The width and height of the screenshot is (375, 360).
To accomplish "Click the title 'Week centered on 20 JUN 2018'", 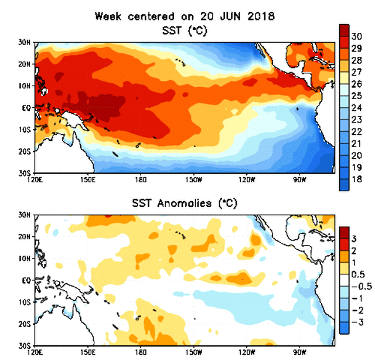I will click(x=184, y=16).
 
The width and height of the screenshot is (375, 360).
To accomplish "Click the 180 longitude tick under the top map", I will click(x=141, y=179).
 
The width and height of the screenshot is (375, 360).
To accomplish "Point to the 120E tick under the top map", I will click(x=36, y=179).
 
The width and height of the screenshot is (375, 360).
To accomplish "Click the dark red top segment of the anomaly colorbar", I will click(x=345, y=232).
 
